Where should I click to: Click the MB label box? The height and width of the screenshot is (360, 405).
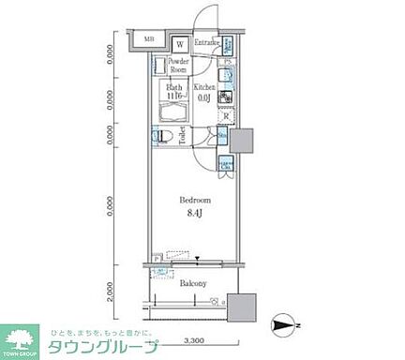(x=147, y=40)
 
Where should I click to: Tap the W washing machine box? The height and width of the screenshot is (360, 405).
(x=179, y=42)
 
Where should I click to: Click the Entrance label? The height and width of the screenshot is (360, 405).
(x=207, y=43)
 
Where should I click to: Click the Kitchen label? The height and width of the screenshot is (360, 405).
(x=204, y=87)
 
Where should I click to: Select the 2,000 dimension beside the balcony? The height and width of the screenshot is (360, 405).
(x=112, y=292)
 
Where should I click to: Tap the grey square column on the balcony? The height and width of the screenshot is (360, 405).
(x=244, y=307)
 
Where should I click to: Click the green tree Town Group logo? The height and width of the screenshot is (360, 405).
(x=25, y=340)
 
